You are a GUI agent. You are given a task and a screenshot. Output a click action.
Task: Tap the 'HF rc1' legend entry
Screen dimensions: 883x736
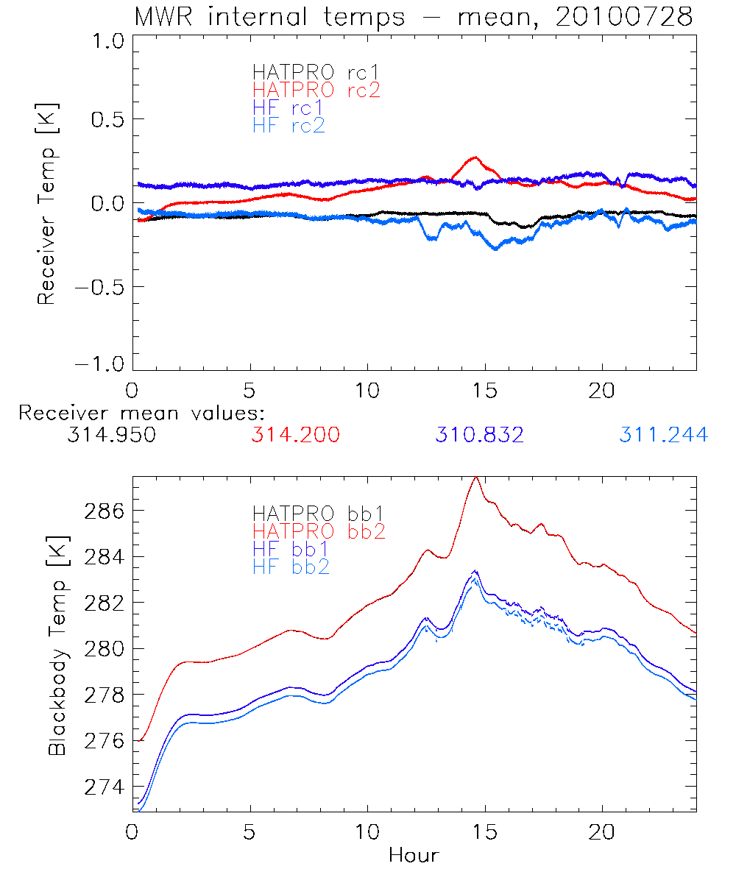[288, 107]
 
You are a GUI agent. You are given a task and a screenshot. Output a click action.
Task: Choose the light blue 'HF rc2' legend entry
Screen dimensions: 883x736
[288, 125]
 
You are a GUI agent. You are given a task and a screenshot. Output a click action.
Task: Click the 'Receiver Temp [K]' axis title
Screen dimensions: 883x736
[46, 204]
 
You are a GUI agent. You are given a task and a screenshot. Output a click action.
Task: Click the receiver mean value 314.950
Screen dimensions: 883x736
[111, 435]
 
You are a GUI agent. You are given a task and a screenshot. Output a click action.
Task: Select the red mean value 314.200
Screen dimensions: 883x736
[295, 435]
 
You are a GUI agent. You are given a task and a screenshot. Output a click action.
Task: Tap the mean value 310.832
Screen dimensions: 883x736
[479, 435]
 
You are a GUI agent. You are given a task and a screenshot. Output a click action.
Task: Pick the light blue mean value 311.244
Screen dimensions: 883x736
[663, 435]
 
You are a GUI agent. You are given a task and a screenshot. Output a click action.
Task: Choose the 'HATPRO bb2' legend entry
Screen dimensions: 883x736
[319, 530]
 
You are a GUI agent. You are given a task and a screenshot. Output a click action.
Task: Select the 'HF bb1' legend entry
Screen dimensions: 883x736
[291, 548]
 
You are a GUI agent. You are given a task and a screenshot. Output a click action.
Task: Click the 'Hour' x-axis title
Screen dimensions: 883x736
[414, 855]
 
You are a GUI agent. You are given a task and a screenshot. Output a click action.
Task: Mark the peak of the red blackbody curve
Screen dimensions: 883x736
[476, 477]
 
